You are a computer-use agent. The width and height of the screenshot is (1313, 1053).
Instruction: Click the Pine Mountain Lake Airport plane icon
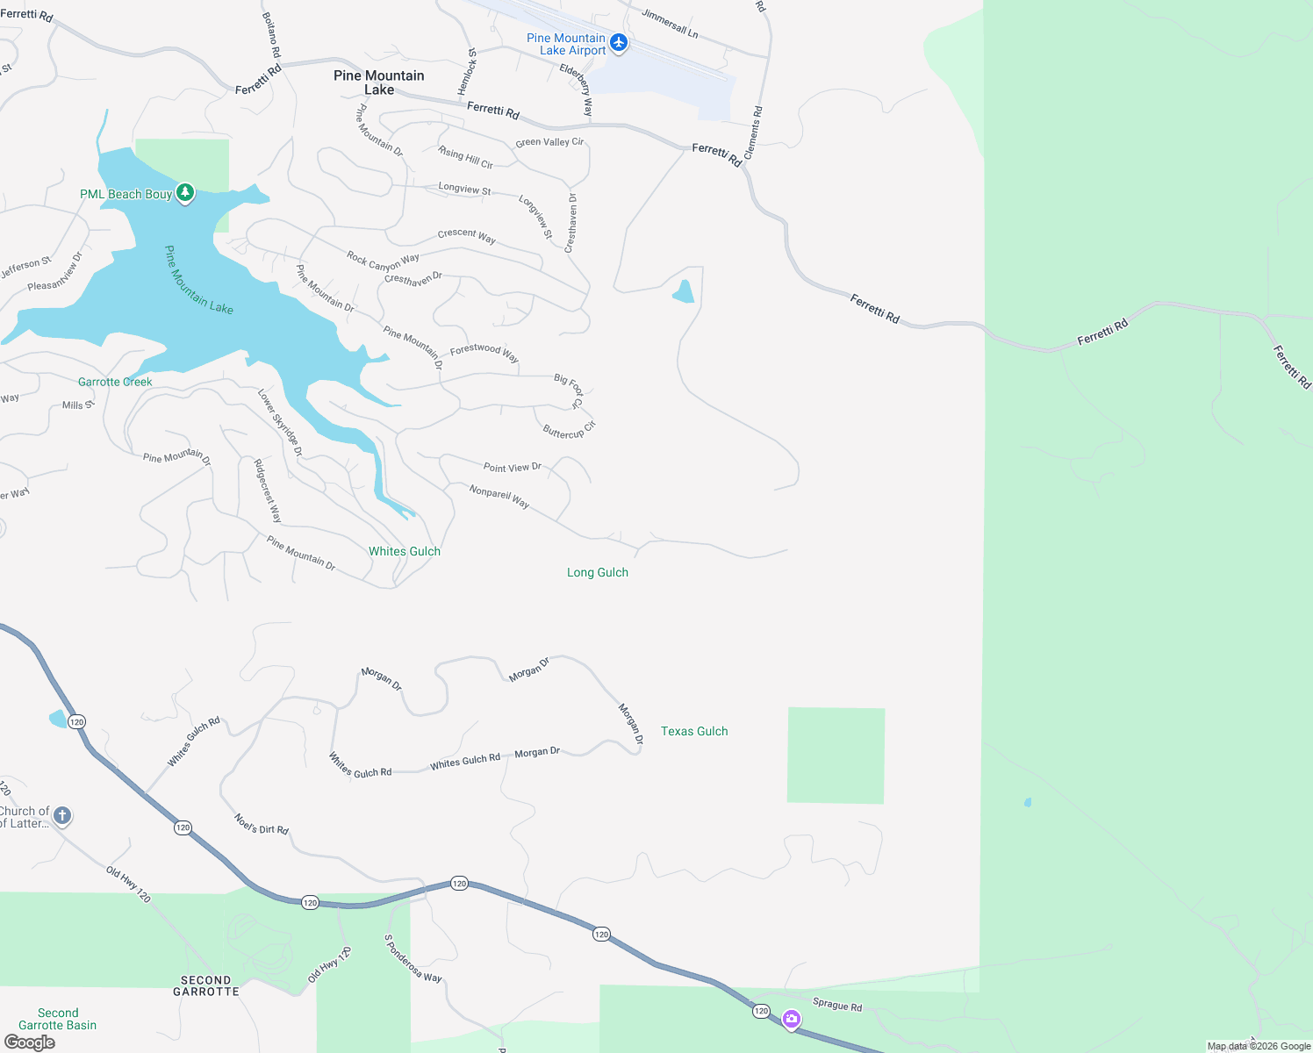tap(619, 43)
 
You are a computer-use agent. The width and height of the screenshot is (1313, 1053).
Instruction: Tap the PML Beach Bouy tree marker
tap(184, 193)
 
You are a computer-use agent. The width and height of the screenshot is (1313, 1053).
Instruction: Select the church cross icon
tap(61, 816)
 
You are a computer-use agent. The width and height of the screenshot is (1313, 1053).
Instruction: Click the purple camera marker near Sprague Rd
tap(792, 1019)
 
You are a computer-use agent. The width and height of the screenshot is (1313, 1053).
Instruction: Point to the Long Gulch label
tap(598, 572)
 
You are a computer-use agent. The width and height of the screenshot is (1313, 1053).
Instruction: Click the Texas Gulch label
tap(694, 731)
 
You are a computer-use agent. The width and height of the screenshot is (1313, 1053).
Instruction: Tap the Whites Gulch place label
tap(405, 551)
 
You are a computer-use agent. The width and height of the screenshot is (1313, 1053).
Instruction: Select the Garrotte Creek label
tap(115, 382)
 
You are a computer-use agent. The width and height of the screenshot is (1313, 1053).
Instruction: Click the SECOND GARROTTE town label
tap(206, 985)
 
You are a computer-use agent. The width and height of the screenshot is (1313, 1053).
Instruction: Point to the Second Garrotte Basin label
tap(58, 1019)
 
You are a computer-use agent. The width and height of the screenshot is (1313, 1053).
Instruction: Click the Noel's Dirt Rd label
tap(262, 824)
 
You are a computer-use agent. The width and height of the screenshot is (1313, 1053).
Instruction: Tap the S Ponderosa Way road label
tap(413, 958)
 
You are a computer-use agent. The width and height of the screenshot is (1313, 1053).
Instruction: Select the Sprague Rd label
tap(837, 1005)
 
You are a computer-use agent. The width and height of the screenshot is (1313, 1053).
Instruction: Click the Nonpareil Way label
tap(499, 497)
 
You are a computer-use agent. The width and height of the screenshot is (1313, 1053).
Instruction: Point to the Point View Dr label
tap(513, 467)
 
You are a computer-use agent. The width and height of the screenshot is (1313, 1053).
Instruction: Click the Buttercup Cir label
tap(569, 430)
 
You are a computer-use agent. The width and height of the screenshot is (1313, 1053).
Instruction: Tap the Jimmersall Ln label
tap(670, 24)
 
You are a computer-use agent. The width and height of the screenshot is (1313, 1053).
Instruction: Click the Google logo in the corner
tap(30, 1042)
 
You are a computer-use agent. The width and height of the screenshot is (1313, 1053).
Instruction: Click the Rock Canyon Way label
tap(383, 261)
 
